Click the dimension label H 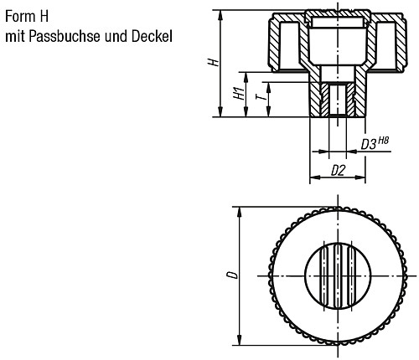coord(214,63)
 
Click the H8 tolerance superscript coord(383,140)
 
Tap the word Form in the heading coord(18,15)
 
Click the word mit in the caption coord(14,36)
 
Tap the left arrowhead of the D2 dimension coord(313,177)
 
